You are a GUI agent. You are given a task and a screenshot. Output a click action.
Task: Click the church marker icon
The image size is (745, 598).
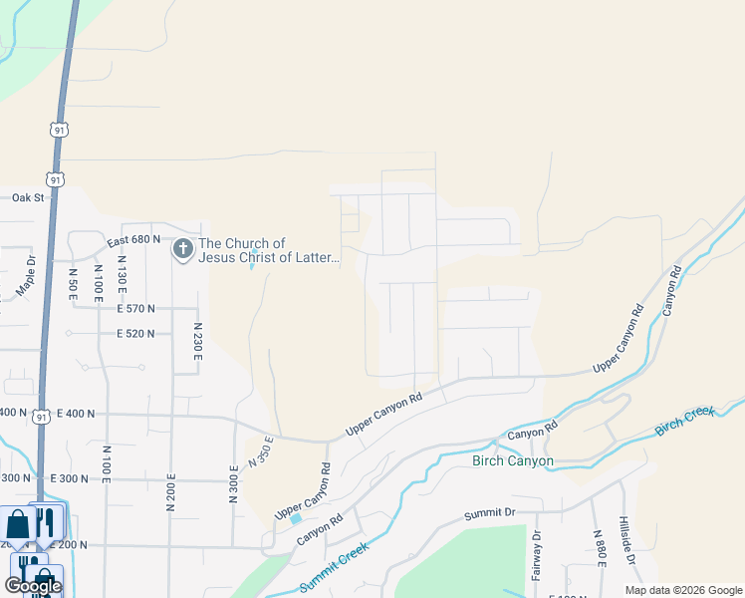(x=183, y=249)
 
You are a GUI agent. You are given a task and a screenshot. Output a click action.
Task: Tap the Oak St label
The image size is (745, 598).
(x=29, y=197)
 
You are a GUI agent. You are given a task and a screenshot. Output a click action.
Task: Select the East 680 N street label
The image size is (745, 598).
(x=134, y=240)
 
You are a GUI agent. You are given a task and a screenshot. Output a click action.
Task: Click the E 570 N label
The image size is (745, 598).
(x=135, y=309)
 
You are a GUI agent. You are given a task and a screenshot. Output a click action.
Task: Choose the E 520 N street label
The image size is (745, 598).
(x=135, y=334)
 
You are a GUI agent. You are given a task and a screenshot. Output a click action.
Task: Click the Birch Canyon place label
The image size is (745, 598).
(x=512, y=461)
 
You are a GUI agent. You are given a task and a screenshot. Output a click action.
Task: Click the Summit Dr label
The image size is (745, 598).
(x=489, y=516)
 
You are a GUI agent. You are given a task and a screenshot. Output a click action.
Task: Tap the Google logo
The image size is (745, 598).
(x=33, y=586)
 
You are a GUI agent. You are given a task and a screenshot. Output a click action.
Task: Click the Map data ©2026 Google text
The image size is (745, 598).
(x=682, y=590)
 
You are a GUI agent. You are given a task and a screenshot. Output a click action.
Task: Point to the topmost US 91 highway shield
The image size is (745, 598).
(x=62, y=130)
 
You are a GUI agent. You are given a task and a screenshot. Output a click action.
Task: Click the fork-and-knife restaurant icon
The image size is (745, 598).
(x=45, y=522)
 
